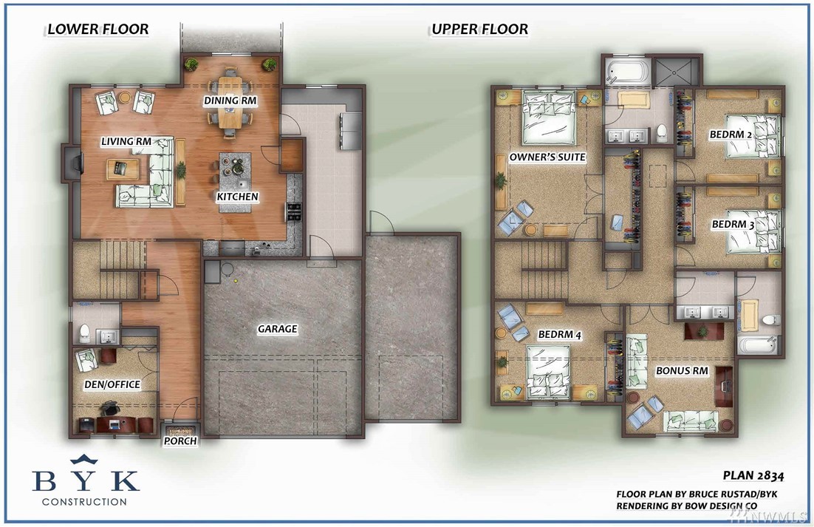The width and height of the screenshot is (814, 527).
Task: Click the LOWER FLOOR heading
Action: pyautogui.click(x=98, y=29)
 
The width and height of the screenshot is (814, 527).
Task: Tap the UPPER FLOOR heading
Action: pyautogui.click(x=479, y=29)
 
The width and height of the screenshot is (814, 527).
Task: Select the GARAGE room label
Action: pyautogui.click(x=278, y=329)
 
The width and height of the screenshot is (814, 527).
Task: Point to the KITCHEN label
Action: pyautogui.click(x=237, y=197)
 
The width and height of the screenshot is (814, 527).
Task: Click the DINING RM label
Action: pyautogui.click(x=230, y=101)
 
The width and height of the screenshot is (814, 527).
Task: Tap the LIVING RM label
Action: pyautogui.click(x=126, y=141)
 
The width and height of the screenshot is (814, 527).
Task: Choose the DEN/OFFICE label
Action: pyautogui.click(x=112, y=385)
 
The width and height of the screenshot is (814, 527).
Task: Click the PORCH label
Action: pyautogui.click(x=180, y=441)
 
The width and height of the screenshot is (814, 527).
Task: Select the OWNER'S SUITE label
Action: pyautogui.click(x=547, y=157)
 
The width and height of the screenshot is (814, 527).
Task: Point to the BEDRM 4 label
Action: pyautogui.click(x=559, y=335)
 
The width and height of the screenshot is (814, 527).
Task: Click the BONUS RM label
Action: pyautogui.click(x=682, y=371)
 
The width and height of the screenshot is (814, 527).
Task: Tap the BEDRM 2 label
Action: pyautogui.click(x=731, y=135)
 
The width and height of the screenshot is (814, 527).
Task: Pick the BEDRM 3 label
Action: pyautogui.click(x=733, y=224)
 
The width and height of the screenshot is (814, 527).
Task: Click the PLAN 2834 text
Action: pyautogui.click(x=753, y=475)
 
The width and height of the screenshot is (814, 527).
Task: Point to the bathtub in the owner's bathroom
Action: pyautogui.click(x=628, y=71)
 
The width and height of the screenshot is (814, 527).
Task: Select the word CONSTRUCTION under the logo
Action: pyautogui.click(x=84, y=502)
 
